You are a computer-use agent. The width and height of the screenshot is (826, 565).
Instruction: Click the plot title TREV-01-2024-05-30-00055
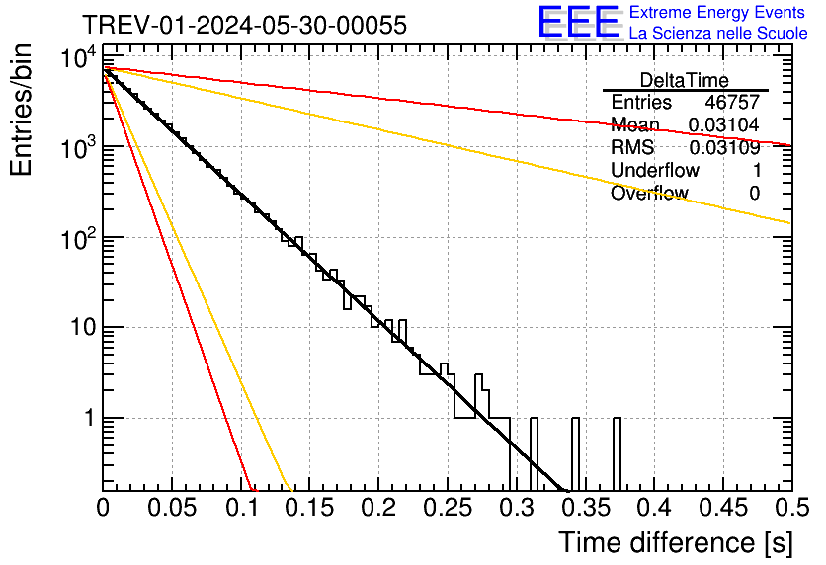pos(244,25)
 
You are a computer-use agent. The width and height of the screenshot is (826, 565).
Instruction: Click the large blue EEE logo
pos(578,24)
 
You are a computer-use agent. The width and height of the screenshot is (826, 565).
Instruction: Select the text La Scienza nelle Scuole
pos(718,34)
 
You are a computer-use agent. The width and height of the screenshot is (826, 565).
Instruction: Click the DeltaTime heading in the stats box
pos(684,80)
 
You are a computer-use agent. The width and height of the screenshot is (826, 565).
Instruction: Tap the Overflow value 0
pos(754,194)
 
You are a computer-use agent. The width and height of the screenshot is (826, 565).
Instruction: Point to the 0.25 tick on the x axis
pos(447,507)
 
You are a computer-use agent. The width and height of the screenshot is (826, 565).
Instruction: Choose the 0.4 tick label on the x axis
pos(653,507)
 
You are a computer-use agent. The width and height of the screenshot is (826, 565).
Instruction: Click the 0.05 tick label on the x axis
pos(171,507)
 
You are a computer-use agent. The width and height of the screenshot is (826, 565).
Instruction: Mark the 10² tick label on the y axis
pos(79,237)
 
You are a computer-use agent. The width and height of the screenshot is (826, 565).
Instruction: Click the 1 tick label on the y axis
pos(88,418)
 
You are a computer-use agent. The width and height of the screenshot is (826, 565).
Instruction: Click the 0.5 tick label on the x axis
pos(790,507)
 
